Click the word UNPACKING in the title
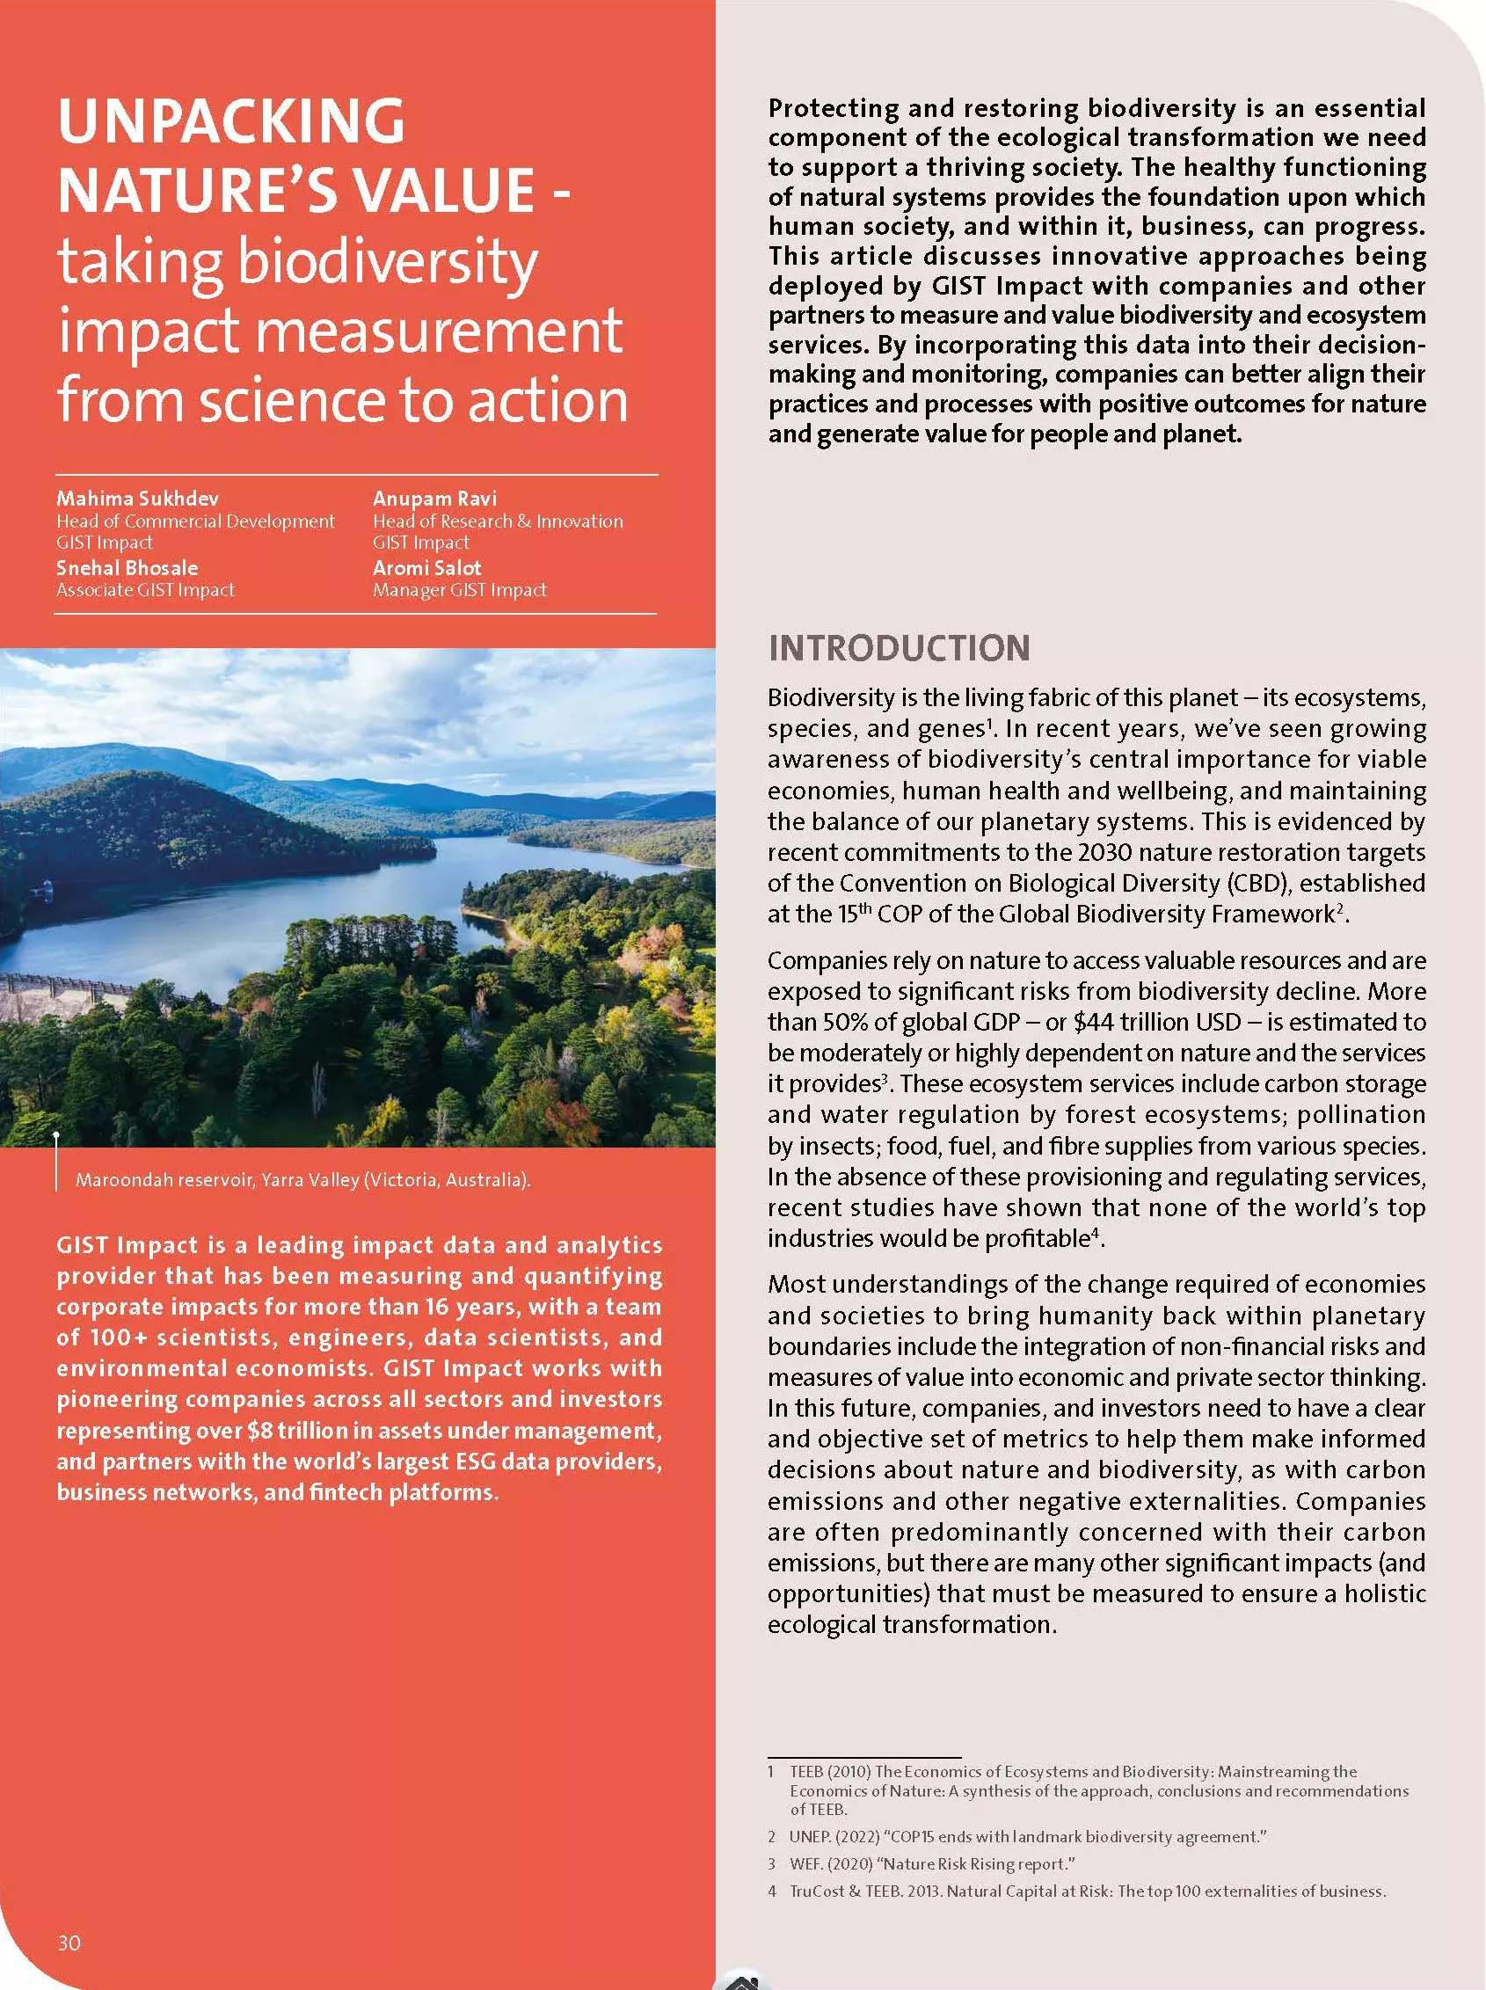(231, 120)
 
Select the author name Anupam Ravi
(434, 499)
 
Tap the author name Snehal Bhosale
(127, 568)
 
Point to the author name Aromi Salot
(427, 568)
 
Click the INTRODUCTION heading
(899, 648)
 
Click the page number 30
(69, 1943)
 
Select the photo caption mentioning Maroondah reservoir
(303, 1179)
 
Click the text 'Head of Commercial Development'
(195, 521)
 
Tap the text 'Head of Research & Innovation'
(498, 521)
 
